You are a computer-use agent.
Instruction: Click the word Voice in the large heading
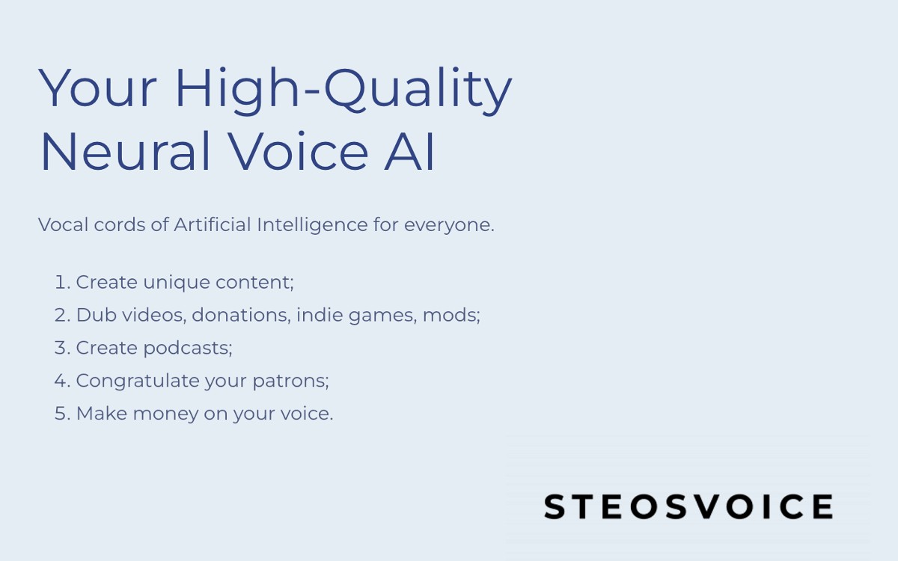(x=299, y=151)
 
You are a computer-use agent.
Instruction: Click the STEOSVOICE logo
(x=688, y=506)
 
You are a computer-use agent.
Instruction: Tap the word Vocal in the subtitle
(x=64, y=224)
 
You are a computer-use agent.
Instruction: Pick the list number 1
(x=61, y=282)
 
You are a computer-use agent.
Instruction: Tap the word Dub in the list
(x=93, y=315)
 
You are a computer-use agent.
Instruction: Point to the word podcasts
(x=187, y=348)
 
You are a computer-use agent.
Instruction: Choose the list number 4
(x=61, y=381)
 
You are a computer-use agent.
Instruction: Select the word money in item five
(x=165, y=414)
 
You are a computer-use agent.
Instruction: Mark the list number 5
(x=61, y=414)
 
